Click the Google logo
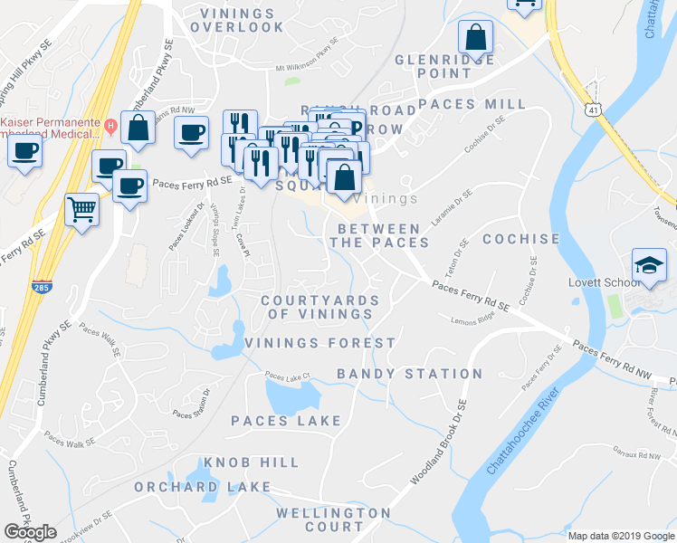[30, 532]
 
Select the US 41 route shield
[594, 109]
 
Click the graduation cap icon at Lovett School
[648, 264]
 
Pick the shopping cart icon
[82, 210]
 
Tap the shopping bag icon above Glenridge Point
[475, 38]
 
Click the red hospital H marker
[110, 124]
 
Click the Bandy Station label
[409, 374]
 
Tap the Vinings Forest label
[319, 343]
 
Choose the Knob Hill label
[251, 462]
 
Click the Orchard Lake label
[203, 487]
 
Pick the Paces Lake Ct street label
[287, 376]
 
